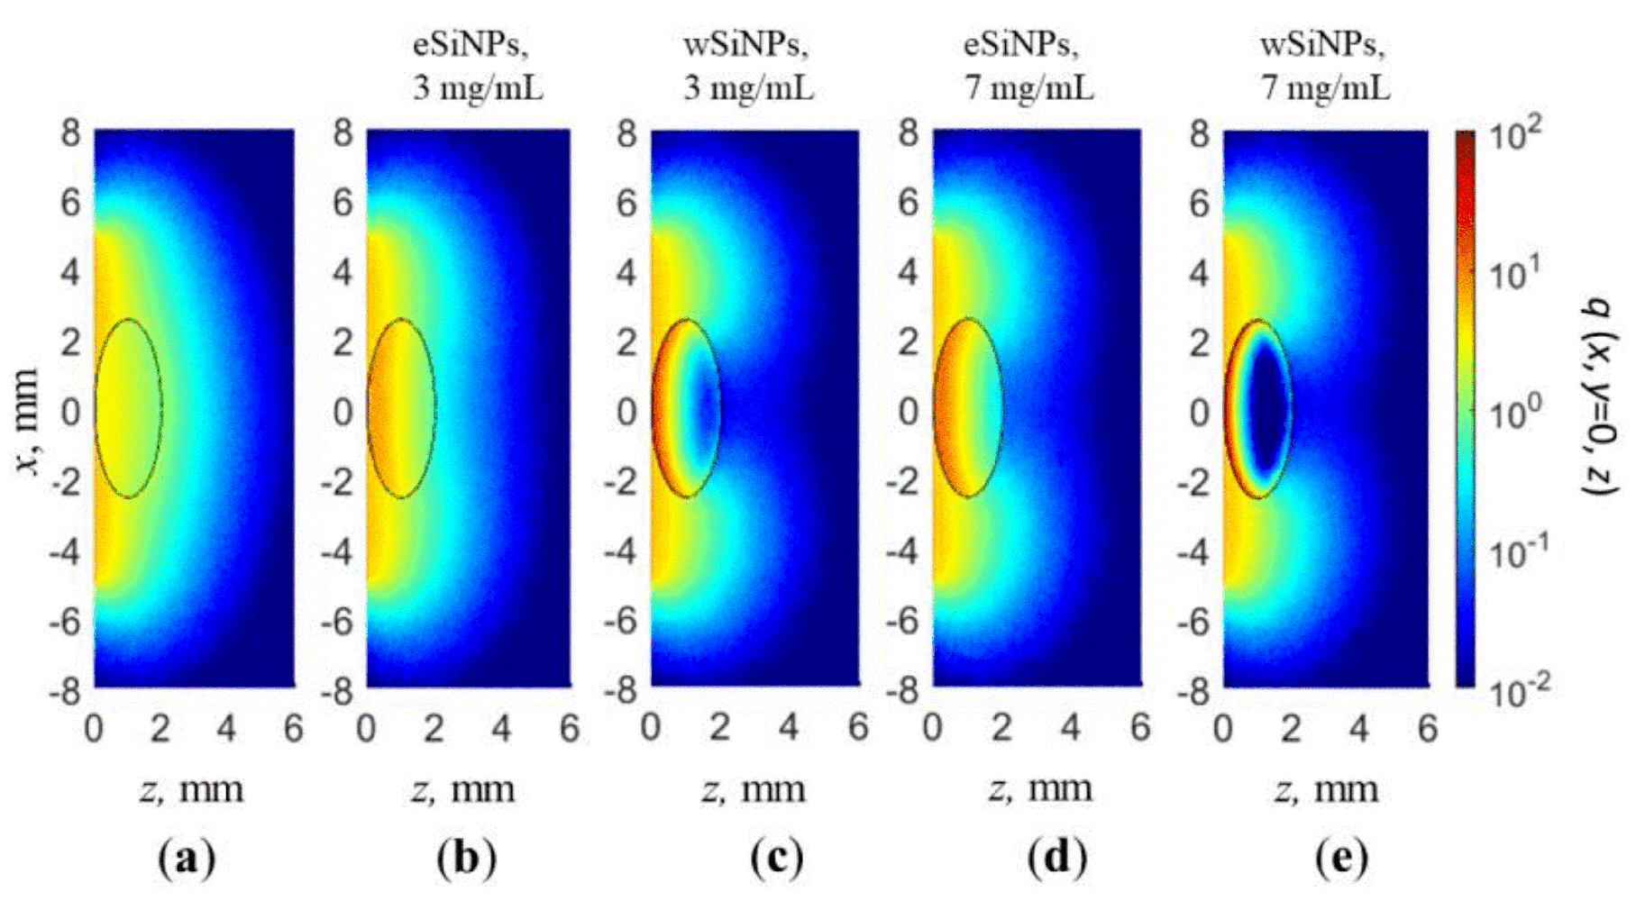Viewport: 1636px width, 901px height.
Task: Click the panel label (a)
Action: pyautogui.click(x=187, y=858)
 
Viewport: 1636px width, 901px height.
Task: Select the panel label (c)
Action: pyautogui.click(x=776, y=858)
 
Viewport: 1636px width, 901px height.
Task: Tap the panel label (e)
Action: pyautogui.click(x=1340, y=858)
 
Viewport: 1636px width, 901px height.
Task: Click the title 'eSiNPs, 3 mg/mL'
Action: pyautogui.click(x=478, y=67)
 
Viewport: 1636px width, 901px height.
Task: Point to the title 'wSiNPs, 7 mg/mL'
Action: pyautogui.click(x=1324, y=67)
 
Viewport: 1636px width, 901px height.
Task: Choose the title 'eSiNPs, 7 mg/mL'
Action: pyautogui.click(x=1028, y=67)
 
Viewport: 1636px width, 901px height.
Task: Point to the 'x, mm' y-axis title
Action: pyautogui.click(x=29, y=422)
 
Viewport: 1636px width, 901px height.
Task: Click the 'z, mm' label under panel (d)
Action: pyautogui.click(x=1040, y=789)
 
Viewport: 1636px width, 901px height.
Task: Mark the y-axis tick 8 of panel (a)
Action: pyautogui.click(x=70, y=134)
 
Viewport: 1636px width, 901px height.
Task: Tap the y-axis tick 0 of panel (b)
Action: pyautogui.click(x=343, y=412)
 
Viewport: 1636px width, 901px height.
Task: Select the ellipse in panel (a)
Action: pyautogui.click(x=128, y=407)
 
